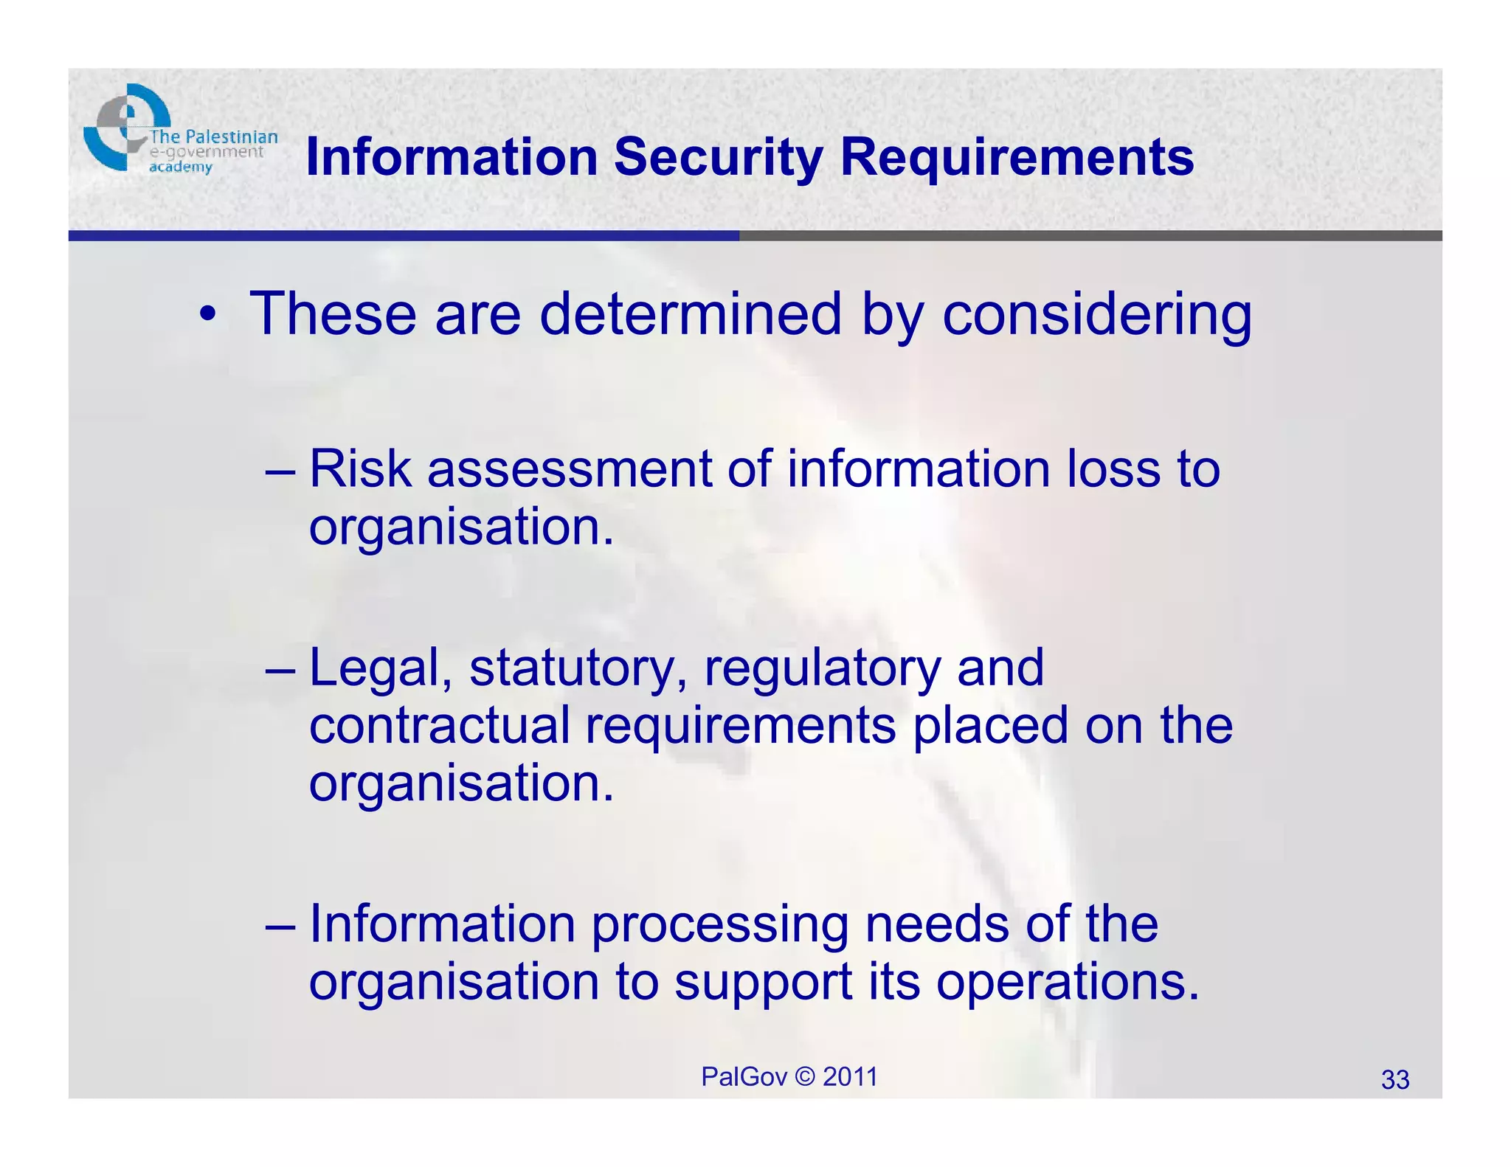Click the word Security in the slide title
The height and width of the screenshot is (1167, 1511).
[x=718, y=157]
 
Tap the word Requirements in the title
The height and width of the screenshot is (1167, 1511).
[x=1017, y=157]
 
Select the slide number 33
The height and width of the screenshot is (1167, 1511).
[x=1394, y=1080]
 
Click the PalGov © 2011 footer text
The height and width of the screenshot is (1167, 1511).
[x=789, y=1077]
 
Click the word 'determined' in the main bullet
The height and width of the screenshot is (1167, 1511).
[x=690, y=314]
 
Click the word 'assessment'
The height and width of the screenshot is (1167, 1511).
[x=569, y=470]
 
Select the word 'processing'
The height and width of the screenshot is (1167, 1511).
[x=719, y=925]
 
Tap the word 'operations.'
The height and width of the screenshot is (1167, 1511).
[x=1068, y=983]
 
